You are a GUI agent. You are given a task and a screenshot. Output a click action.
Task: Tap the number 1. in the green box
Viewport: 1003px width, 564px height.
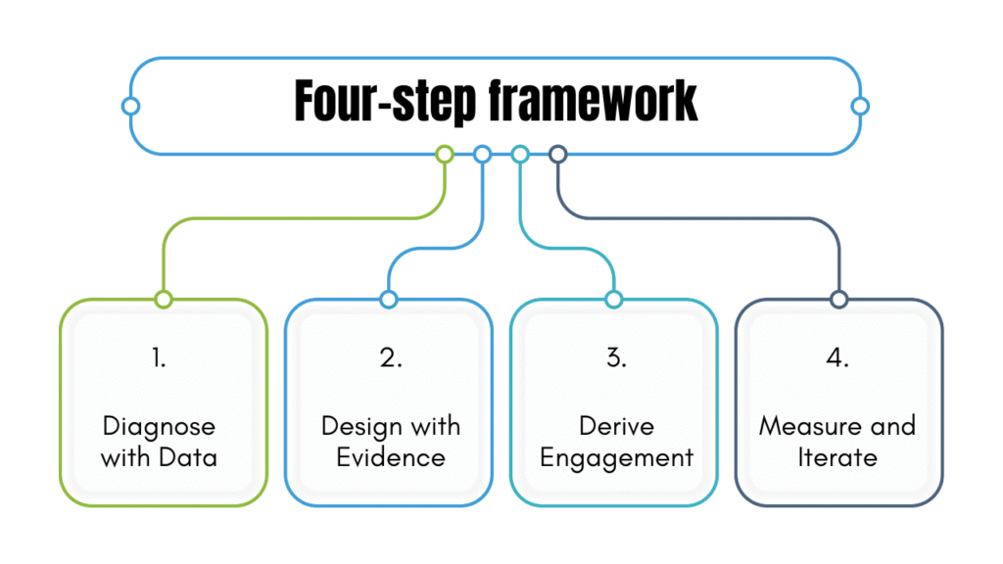159,358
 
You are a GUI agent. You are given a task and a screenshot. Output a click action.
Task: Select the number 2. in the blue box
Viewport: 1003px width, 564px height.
391,358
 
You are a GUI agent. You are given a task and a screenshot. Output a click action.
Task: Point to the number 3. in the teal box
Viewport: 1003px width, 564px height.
616,358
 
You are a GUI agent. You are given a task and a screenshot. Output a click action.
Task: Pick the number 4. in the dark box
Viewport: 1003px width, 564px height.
837,358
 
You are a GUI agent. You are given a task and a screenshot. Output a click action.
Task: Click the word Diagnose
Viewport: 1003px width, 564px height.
159,427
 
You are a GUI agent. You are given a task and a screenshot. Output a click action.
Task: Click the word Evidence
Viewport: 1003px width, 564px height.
391,457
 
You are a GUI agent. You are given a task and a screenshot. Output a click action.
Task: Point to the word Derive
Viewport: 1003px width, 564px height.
616,427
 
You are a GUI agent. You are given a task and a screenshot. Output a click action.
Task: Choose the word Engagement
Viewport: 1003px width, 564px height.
616,457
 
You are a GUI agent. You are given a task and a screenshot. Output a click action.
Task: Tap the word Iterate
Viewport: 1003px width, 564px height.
837,457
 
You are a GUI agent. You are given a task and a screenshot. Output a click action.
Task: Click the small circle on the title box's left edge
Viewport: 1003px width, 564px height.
130,106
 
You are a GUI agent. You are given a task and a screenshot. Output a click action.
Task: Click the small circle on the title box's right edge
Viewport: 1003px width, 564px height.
860,106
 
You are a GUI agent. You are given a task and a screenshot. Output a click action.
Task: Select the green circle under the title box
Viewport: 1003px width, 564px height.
445,154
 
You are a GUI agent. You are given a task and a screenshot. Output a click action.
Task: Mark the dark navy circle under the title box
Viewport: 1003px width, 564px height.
558,154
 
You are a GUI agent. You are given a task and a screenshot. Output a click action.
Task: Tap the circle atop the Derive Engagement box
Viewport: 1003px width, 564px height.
614,299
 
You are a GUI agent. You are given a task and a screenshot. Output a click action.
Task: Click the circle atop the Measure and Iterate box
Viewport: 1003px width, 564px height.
838,299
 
